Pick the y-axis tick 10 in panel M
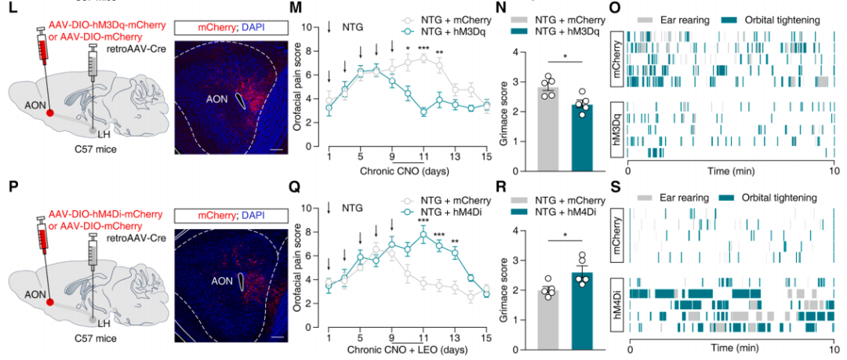[x=307, y=27]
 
